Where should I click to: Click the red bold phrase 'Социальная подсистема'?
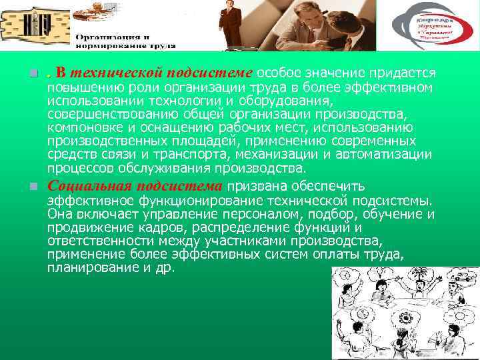point(137,187)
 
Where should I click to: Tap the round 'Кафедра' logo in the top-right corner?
point(433,26)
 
